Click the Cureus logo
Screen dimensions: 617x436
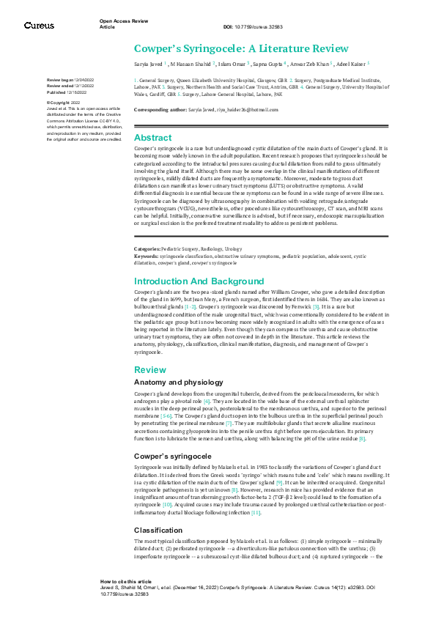pos(39,26)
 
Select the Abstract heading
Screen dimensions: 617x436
pos(153,137)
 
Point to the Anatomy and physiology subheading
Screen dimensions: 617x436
pos(179,383)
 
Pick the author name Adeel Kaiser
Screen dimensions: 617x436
pos(352,64)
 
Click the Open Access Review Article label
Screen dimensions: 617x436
pos(119,24)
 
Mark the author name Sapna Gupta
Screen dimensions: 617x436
pos(267,64)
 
